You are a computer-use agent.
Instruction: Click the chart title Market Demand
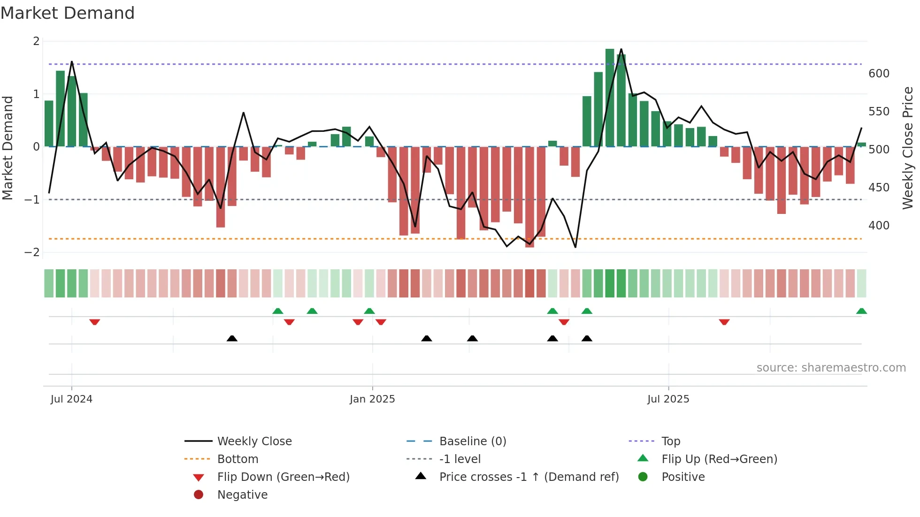pyautogui.click(x=68, y=13)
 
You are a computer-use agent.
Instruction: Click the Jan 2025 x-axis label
pyautogui.click(x=372, y=399)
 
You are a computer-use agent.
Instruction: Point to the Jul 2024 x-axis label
pyautogui.click(x=71, y=399)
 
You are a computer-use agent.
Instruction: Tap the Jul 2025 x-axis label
pyautogui.click(x=668, y=399)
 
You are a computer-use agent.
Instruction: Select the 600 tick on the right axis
pyautogui.click(x=879, y=74)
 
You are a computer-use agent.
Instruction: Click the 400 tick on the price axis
pyautogui.click(x=879, y=226)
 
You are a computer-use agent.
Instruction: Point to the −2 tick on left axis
pyautogui.click(x=32, y=252)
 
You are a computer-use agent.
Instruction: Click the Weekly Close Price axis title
pyautogui.click(x=908, y=148)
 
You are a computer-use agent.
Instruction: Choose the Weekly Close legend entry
pyautogui.click(x=254, y=441)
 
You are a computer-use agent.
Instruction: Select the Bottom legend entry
pyautogui.click(x=238, y=459)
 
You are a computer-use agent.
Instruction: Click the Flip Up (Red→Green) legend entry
pyautogui.click(x=719, y=459)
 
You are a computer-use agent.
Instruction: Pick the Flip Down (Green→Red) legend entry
pyautogui.click(x=283, y=477)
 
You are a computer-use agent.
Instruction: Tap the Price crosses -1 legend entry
pyautogui.click(x=529, y=477)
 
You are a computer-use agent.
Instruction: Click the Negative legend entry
pyautogui.click(x=242, y=495)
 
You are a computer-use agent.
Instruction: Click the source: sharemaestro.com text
pyautogui.click(x=831, y=368)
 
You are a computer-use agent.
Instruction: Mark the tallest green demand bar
pyautogui.click(x=610, y=98)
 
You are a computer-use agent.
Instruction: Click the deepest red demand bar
pyautogui.click(x=529, y=197)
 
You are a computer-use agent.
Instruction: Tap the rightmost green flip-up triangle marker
pyautogui.click(x=861, y=311)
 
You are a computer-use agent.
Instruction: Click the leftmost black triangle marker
pyautogui.click(x=232, y=338)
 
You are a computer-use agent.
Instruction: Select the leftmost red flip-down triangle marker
pyautogui.click(x=94, y=322)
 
